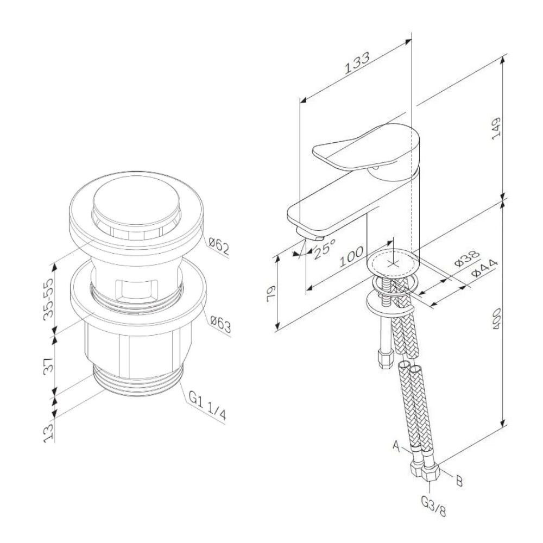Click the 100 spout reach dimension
coord(351,257)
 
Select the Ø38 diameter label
coord(467,258)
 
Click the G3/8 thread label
coord(433,506)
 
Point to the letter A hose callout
coord(396,446)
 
